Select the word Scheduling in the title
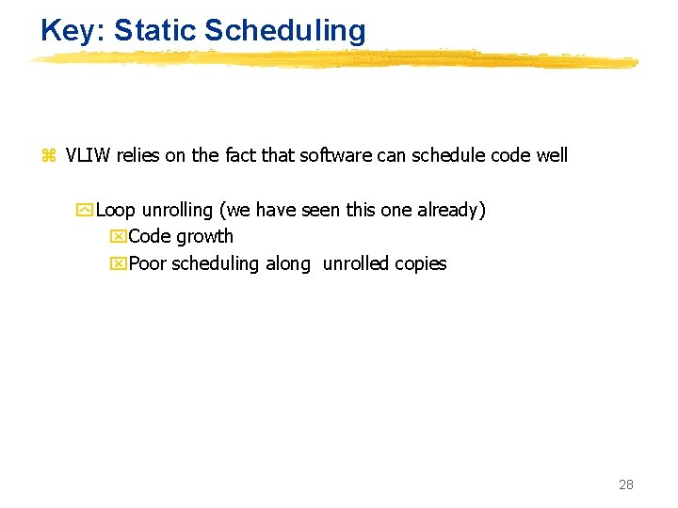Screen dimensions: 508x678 click(x=284, y=30)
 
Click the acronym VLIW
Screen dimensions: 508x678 click(x=89, y=155)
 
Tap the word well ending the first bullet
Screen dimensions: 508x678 click(x=551, y=155)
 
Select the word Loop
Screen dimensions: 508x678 click(x=116, y=210)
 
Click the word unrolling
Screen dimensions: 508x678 click(x=177, y=210)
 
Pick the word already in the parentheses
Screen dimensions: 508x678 click(x=449, y=210)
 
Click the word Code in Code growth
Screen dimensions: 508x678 click(x=150, y=236)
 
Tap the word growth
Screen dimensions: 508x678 click(x=204, y=237)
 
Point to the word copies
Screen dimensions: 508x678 click(x=421, y=264)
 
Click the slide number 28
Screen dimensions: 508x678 click(x=625, y=484)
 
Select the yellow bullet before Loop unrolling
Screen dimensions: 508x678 click(x=89, y=210)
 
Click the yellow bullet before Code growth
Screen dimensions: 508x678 click(x=119, y=237)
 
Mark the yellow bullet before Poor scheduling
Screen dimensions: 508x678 click(x=119, y=264)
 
